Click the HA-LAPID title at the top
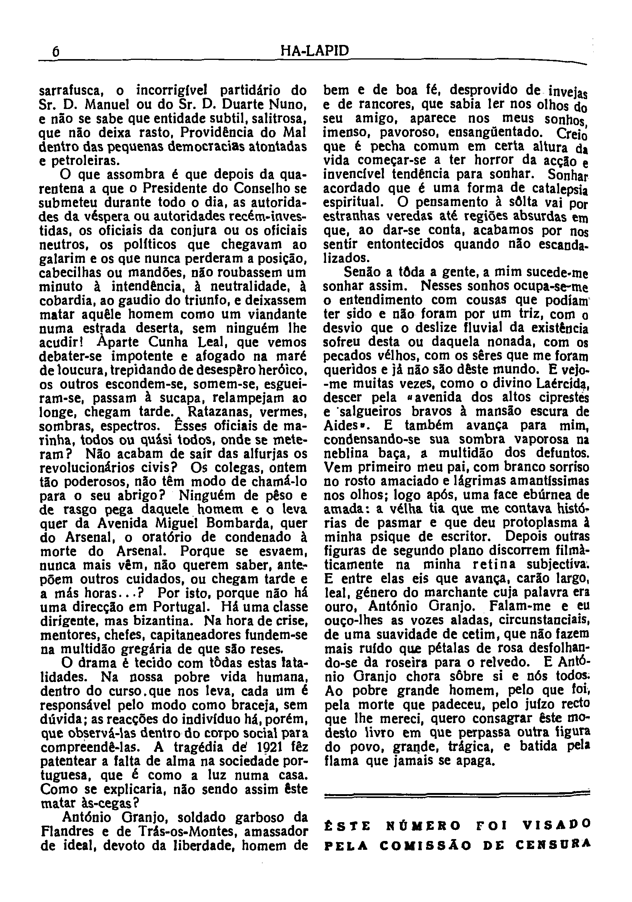click(315, 51)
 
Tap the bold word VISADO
click(558, 824)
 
